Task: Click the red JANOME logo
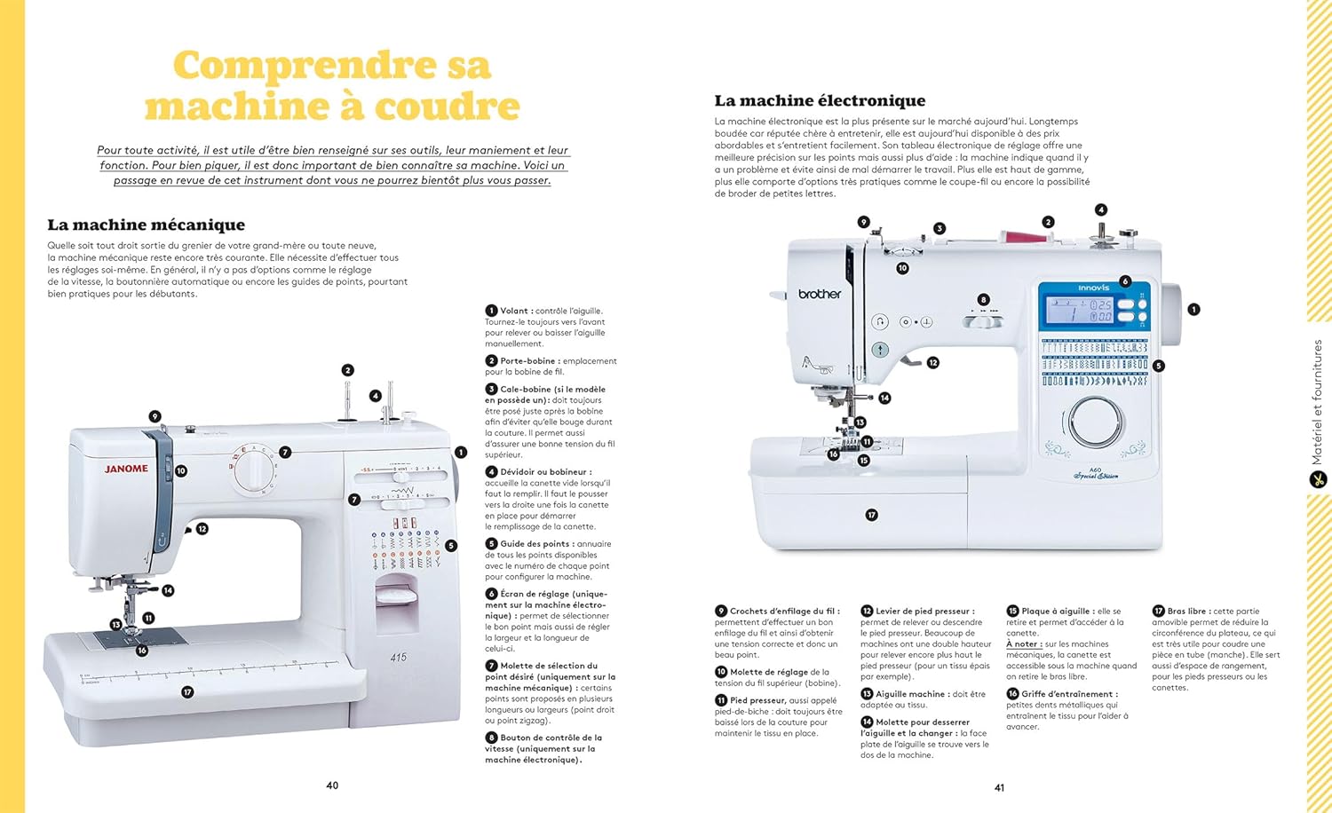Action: pos(126,469)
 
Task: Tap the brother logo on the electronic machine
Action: pos(820,294)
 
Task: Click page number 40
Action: pos(332,785)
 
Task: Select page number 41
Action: pos(1000,788)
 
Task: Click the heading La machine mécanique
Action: pos(147,225)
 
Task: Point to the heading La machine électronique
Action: pos(820,100)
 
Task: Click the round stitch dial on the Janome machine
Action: pos(255,470)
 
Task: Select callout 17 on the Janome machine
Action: pos(187,691)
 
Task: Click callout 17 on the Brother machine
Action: pos(871,515)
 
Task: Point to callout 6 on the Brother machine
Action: pos(1124,281)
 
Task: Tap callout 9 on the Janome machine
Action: pos(155,416)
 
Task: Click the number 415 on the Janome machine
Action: pos(399,658)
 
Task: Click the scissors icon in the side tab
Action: pos(1318,479)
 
